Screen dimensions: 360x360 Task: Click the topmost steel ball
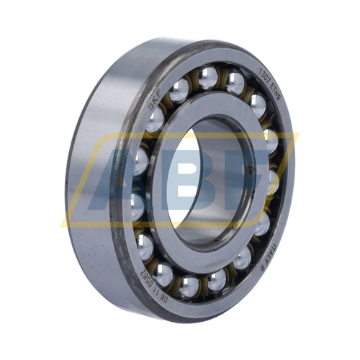[208, 76]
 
